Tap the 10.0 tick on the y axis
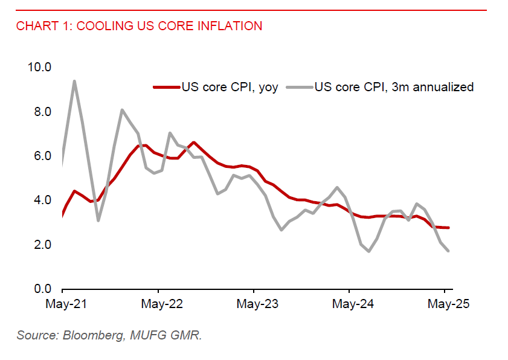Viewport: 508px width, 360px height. point(39,66)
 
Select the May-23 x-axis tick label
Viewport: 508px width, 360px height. point(256,304)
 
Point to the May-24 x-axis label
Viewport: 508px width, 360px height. point(351,304)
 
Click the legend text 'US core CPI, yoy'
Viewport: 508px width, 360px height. point(230,87)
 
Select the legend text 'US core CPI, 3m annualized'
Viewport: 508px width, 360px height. point(394,87)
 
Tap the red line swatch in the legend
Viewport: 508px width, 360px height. point(166,87)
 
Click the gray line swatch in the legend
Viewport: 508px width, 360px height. point(300,87)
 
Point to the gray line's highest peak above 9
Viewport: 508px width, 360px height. point(74,81)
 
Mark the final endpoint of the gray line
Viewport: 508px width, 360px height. point(448,251)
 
